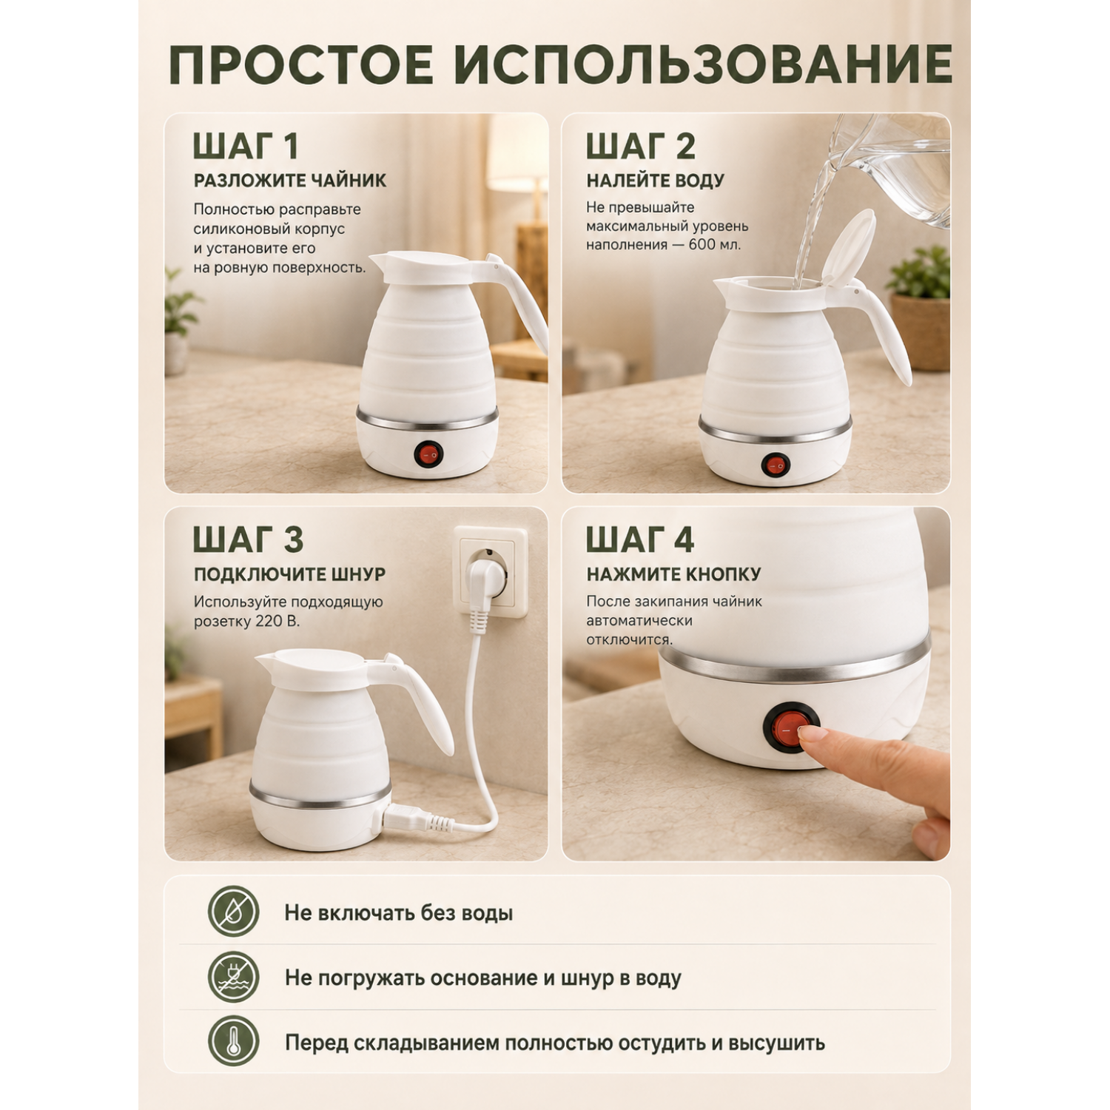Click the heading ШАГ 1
pyautogui.click(x=246, y=146)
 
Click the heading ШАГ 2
pyautogui.click(x=641, y=146)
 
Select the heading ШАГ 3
pyautogui.click(x=248, y=539)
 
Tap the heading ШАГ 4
pyautogui.click(x=640, y=539)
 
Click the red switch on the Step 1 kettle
pyautogui.click(x=427, y=453)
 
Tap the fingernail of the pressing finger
pyautogui.click(x=813, y=733)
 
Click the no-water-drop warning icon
pyautogui.click(x=233, y=912)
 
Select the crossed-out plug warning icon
pyautogui.click(x=233, y=977)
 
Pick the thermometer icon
pyautogui.click(x=233, y=1042)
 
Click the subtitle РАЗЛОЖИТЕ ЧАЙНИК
pyautogui.click(x=290, y=181)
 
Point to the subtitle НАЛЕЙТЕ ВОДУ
pyautogui.click(x=656, y=181)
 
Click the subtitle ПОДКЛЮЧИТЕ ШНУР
pyautogui.click(x=290, y=574)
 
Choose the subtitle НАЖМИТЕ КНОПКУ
pyautogui.click(x=674, y=574)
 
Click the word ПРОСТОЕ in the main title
pyautogui.click(x=302, y=64)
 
